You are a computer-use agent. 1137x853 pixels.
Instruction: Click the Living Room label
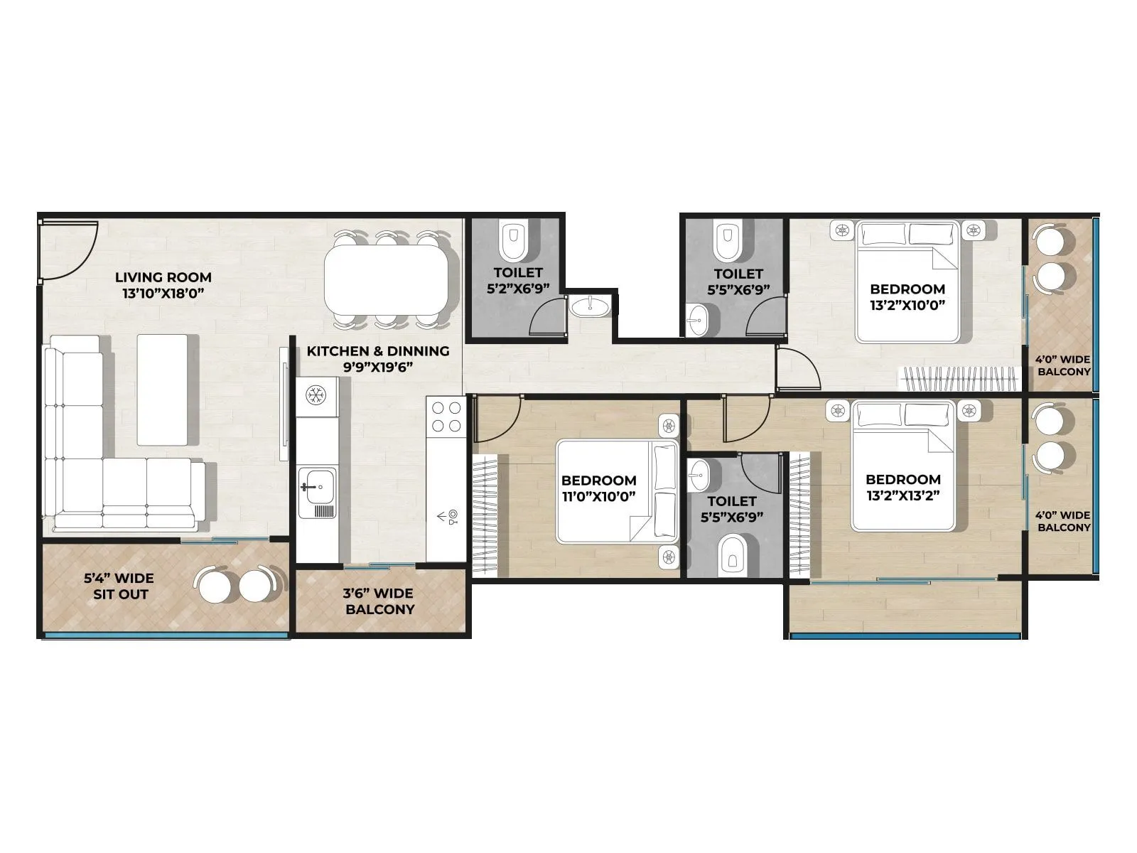click(x=163, y=284)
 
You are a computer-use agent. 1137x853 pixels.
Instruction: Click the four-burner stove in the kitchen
click(x=446, y=417)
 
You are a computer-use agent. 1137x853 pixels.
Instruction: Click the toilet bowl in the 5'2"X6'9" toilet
click(x=512, y=242)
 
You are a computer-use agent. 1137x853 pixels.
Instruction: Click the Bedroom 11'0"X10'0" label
click(x=598, y=488)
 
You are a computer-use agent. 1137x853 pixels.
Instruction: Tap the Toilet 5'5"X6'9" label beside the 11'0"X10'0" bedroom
click(x=731, y=509)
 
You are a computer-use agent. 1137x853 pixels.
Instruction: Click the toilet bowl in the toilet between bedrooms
click(x=731, y=555)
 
